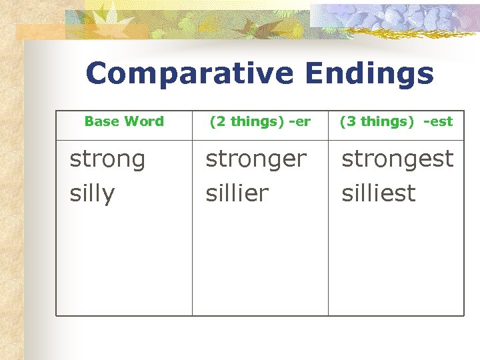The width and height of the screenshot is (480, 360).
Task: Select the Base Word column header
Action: point(124,121)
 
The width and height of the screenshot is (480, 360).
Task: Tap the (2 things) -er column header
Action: point(260,121)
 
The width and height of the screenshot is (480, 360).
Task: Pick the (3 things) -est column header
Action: point(396,121)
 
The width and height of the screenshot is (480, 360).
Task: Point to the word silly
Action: point(92,193)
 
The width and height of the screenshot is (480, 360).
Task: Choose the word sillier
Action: point(237,193)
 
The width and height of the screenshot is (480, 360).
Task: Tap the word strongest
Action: point(397,159)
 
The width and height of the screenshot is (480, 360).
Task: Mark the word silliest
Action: point(378,193)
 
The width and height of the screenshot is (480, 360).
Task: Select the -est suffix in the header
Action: point(438,121)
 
